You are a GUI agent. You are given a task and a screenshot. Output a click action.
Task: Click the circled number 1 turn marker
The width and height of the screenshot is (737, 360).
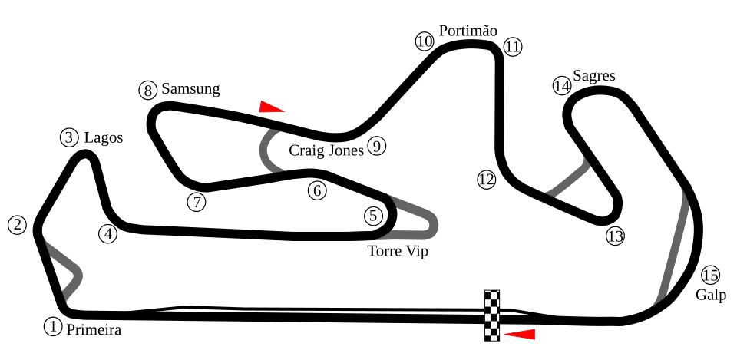point(52,326)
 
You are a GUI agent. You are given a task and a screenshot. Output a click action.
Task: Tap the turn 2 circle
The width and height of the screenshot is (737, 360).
point(17,225)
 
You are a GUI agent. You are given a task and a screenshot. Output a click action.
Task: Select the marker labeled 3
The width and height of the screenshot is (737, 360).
point(69,137)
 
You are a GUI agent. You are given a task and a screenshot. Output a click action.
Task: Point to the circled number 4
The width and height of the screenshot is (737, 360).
point(107,233)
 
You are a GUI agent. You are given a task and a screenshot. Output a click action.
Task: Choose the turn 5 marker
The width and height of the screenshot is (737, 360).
point(373,216)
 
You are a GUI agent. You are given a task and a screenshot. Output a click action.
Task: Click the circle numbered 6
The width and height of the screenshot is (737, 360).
point(316,190)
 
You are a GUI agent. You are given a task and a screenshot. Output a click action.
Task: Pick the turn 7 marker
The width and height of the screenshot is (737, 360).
point(197,202)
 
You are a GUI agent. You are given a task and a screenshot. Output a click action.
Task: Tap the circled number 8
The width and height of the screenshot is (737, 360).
point(147,91)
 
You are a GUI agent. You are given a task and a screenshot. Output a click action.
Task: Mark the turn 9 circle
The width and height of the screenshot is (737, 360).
point(375,146)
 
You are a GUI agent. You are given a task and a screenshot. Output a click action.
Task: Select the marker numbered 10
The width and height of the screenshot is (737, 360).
point(425,41)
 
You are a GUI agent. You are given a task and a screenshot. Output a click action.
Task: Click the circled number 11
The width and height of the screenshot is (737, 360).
point(513,47)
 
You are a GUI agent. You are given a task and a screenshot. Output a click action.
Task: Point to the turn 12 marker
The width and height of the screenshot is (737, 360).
point(486,180)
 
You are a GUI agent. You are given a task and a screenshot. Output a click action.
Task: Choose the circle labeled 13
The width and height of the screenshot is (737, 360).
point(615,236)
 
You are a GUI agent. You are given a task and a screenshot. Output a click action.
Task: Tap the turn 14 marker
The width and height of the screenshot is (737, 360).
point(562,85)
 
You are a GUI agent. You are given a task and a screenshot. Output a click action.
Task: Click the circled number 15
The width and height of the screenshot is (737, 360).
point(710,275)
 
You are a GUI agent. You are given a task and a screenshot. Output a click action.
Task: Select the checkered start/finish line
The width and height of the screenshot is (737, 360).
point(492,315)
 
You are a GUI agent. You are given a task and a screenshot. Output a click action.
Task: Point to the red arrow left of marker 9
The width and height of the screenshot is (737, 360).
point(271,108)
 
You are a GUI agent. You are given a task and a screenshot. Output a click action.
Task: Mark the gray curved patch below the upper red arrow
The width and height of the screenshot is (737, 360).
point(269,150)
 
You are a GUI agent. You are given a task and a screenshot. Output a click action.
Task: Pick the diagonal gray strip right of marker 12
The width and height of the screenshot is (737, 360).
point(569,178)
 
